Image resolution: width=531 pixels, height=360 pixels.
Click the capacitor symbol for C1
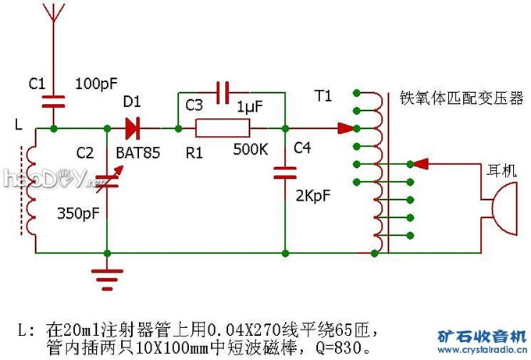coord(53,98)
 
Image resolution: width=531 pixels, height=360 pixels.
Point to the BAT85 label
coord(137,153)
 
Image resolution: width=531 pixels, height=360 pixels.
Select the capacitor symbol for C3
coord(223,92)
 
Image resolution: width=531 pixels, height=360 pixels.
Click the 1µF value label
coord(250,105)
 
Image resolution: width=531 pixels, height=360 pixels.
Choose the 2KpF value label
coord(311,196)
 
